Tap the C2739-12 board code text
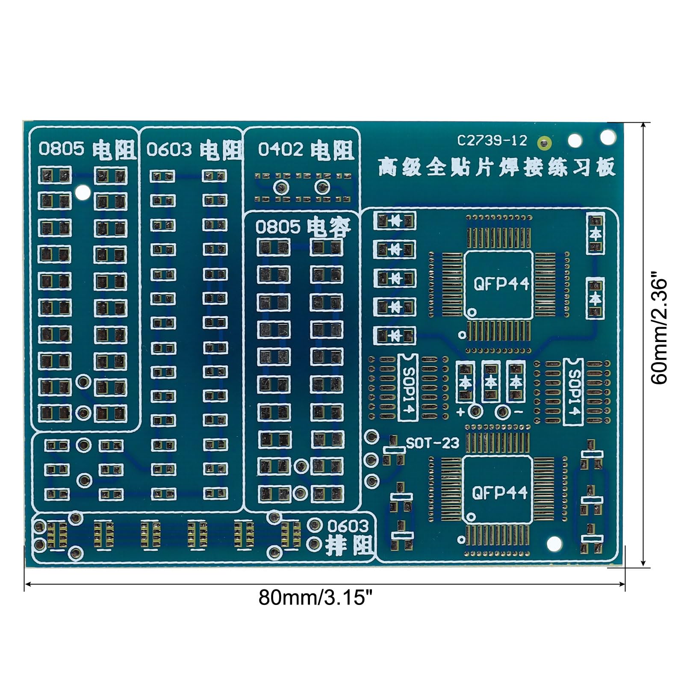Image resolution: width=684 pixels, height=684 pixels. [x=492, y=141]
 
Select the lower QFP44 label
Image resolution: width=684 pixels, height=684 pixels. [x=500, y=493]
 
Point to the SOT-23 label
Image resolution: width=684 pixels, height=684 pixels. [x=433, y=443]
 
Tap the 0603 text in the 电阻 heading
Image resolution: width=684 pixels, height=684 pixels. [x=170, y=150]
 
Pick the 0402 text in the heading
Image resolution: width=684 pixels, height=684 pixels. [x=281, y=150]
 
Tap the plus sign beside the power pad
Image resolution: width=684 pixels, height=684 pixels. [x=460, y=413]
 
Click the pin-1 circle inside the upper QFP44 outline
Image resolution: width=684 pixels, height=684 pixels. [x=472, y=313]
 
